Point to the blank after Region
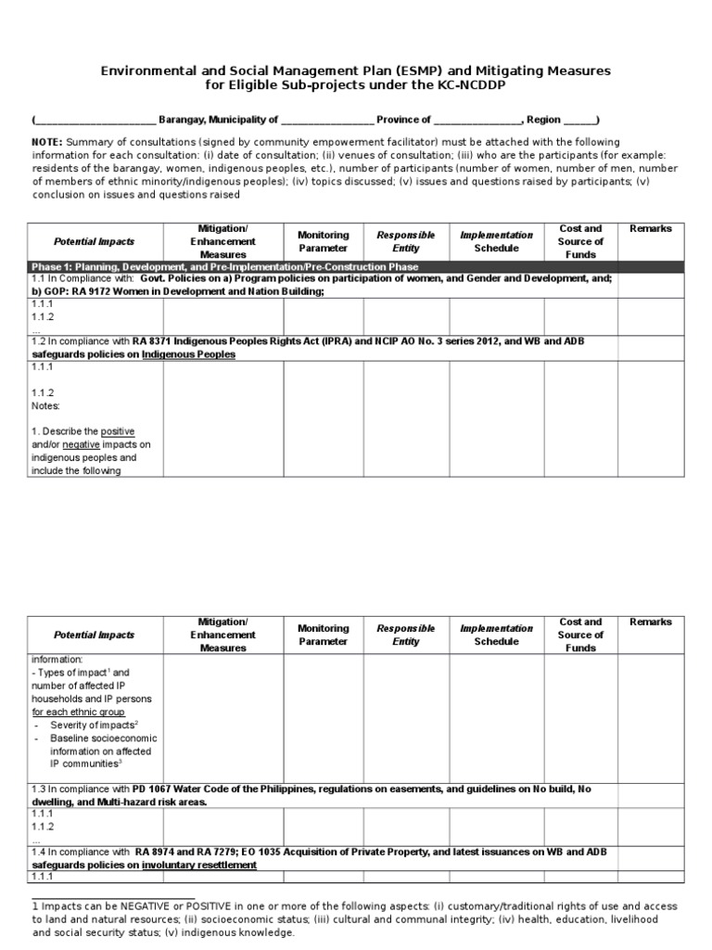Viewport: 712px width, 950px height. coord(578,120)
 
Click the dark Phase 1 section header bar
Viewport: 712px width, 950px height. coord(355,267)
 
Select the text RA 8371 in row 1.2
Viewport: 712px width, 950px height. coord(159,341)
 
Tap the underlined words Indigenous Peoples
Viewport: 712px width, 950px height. coord(188,354)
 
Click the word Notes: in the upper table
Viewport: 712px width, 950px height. coord(46,406)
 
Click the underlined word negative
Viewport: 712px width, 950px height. coord(81,445)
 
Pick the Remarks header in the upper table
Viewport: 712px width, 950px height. coord(651,229)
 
